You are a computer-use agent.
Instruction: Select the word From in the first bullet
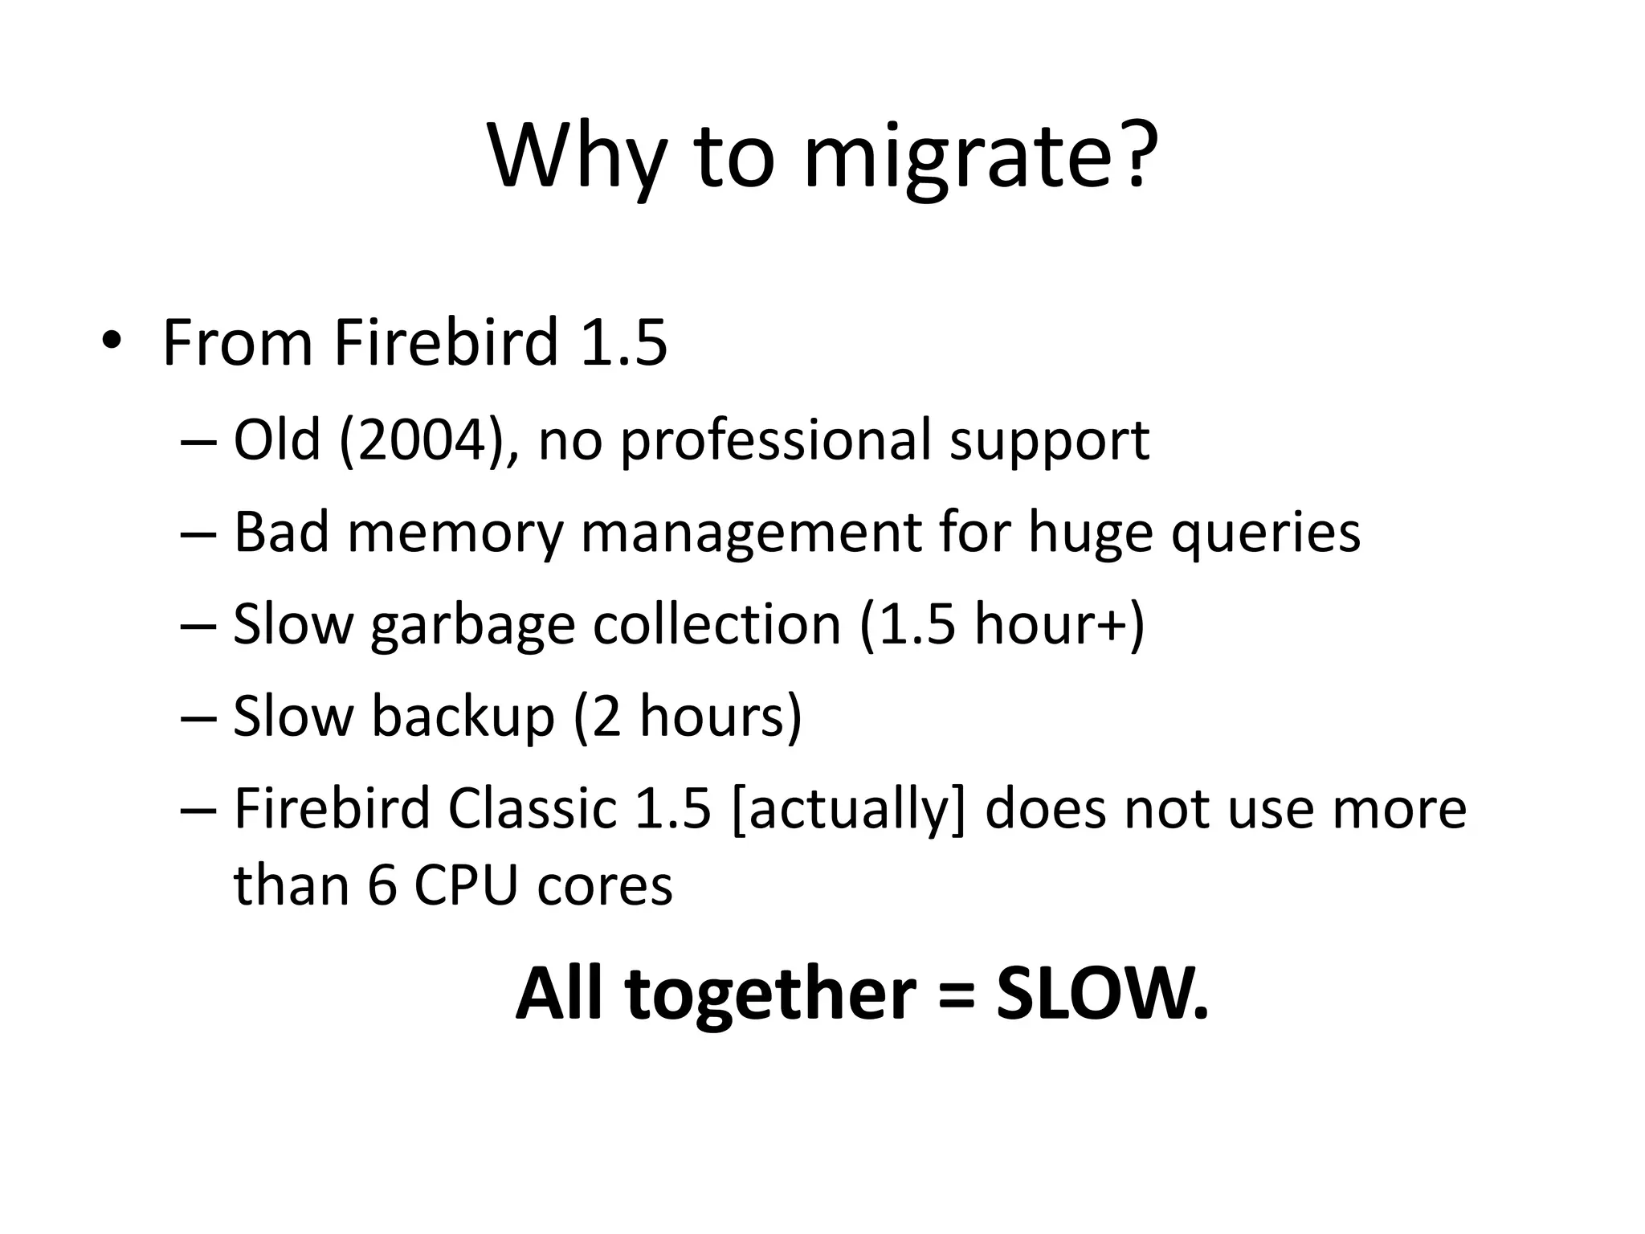point(237,342)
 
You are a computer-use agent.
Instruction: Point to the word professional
point(774,440)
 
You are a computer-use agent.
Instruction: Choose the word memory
point(455,533)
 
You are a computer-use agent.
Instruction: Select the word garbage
point(472,626)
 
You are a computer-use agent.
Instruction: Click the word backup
point(462,716)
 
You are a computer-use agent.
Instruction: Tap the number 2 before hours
point(606,716)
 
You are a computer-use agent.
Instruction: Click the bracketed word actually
point(848,809)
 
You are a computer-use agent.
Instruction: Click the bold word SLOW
point(1102,994)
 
